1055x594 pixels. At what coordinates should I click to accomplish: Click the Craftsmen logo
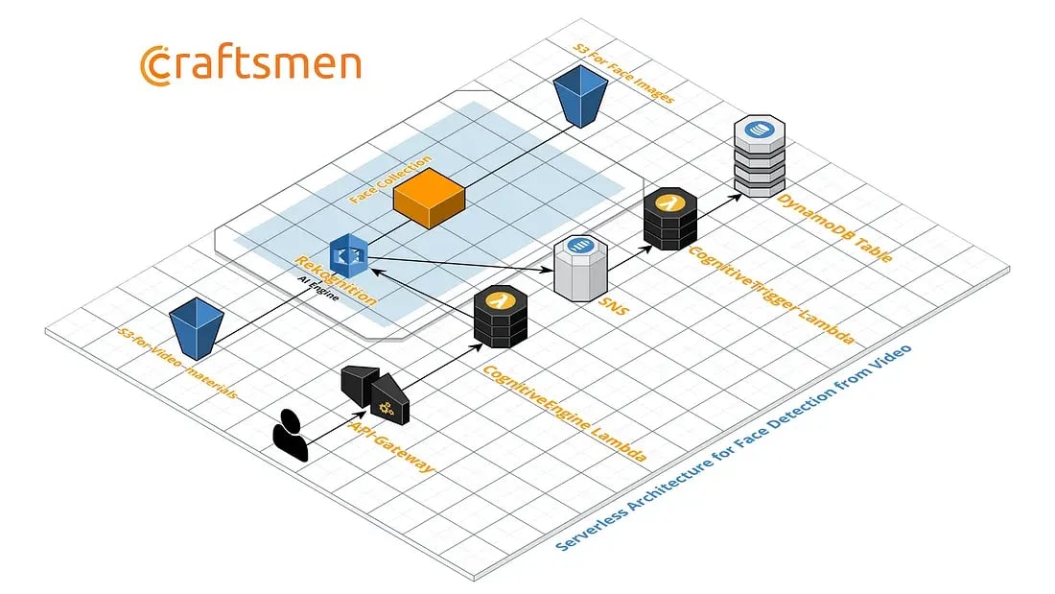click(x=250, y=64)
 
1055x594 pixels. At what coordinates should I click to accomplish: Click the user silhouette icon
click(x=290, y=436)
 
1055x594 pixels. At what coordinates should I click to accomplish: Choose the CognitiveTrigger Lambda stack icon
click(x=669, y=220)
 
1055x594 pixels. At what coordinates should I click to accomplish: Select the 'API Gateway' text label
click(x=393, y=447)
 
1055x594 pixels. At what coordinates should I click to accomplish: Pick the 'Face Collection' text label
click(x=390, y=178)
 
